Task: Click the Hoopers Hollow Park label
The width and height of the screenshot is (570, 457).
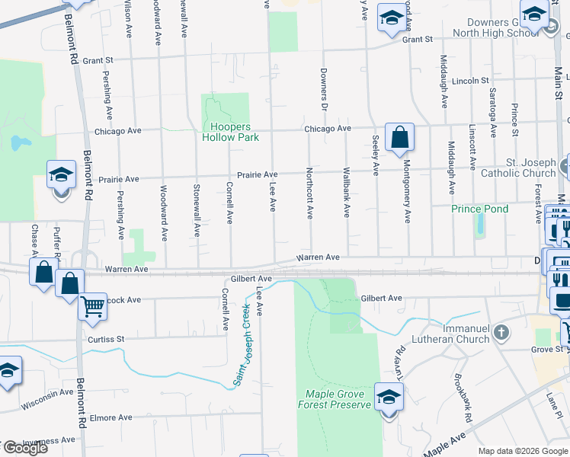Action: coord(230,132)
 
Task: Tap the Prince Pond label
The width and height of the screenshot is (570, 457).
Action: coord(479,209)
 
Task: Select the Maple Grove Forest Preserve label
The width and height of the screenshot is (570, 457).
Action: coord(338,399)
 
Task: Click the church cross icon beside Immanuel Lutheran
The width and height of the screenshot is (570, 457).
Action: coord(501,332)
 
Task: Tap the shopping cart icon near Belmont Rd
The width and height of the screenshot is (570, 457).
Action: coord(92,306)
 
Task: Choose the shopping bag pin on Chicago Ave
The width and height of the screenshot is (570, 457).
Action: coord(399,138)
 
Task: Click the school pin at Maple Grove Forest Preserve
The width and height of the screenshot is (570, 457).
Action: coord(389,397)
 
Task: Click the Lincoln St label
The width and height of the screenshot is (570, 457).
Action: coord(470,81)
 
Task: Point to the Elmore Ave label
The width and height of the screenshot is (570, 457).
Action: coord(111,417)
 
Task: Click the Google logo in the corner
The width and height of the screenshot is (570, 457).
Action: coord(25,448)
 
